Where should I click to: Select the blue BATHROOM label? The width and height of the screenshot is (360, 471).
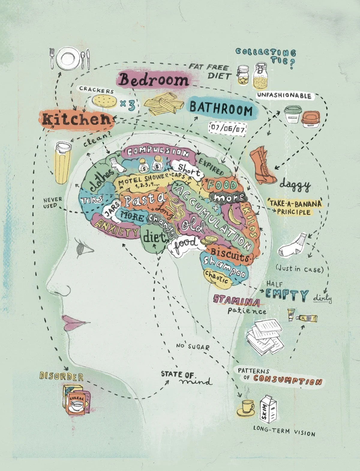pos(221,110)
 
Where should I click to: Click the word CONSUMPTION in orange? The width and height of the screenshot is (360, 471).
pos(287,380)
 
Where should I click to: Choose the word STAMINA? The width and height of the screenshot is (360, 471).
pos(236,300)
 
